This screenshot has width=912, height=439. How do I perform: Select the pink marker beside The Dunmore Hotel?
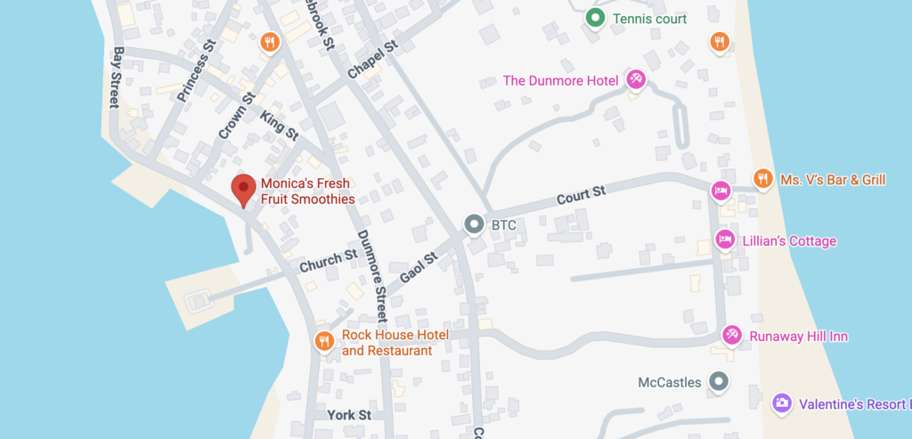tap(635, 80)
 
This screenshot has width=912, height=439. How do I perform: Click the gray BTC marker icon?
tap(475, 224)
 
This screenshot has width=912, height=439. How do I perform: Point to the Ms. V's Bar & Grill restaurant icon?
tap(762, 179)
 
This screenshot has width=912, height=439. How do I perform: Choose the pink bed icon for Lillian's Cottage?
tap(725, 240)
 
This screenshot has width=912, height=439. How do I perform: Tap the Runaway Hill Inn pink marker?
tap(731, 335)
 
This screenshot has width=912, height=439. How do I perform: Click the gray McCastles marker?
tap(719, 382)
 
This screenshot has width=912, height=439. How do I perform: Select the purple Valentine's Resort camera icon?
tap(781, 403)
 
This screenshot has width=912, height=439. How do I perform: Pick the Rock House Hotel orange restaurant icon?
tap(325, 341)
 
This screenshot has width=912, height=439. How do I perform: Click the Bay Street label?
tap(116, 78)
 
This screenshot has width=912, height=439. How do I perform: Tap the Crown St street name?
tap(237, 117)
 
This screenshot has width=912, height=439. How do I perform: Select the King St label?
tap(280, 124)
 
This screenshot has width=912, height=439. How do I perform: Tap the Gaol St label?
tap(419, 267)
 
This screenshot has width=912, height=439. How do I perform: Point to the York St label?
tap(348, 415)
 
